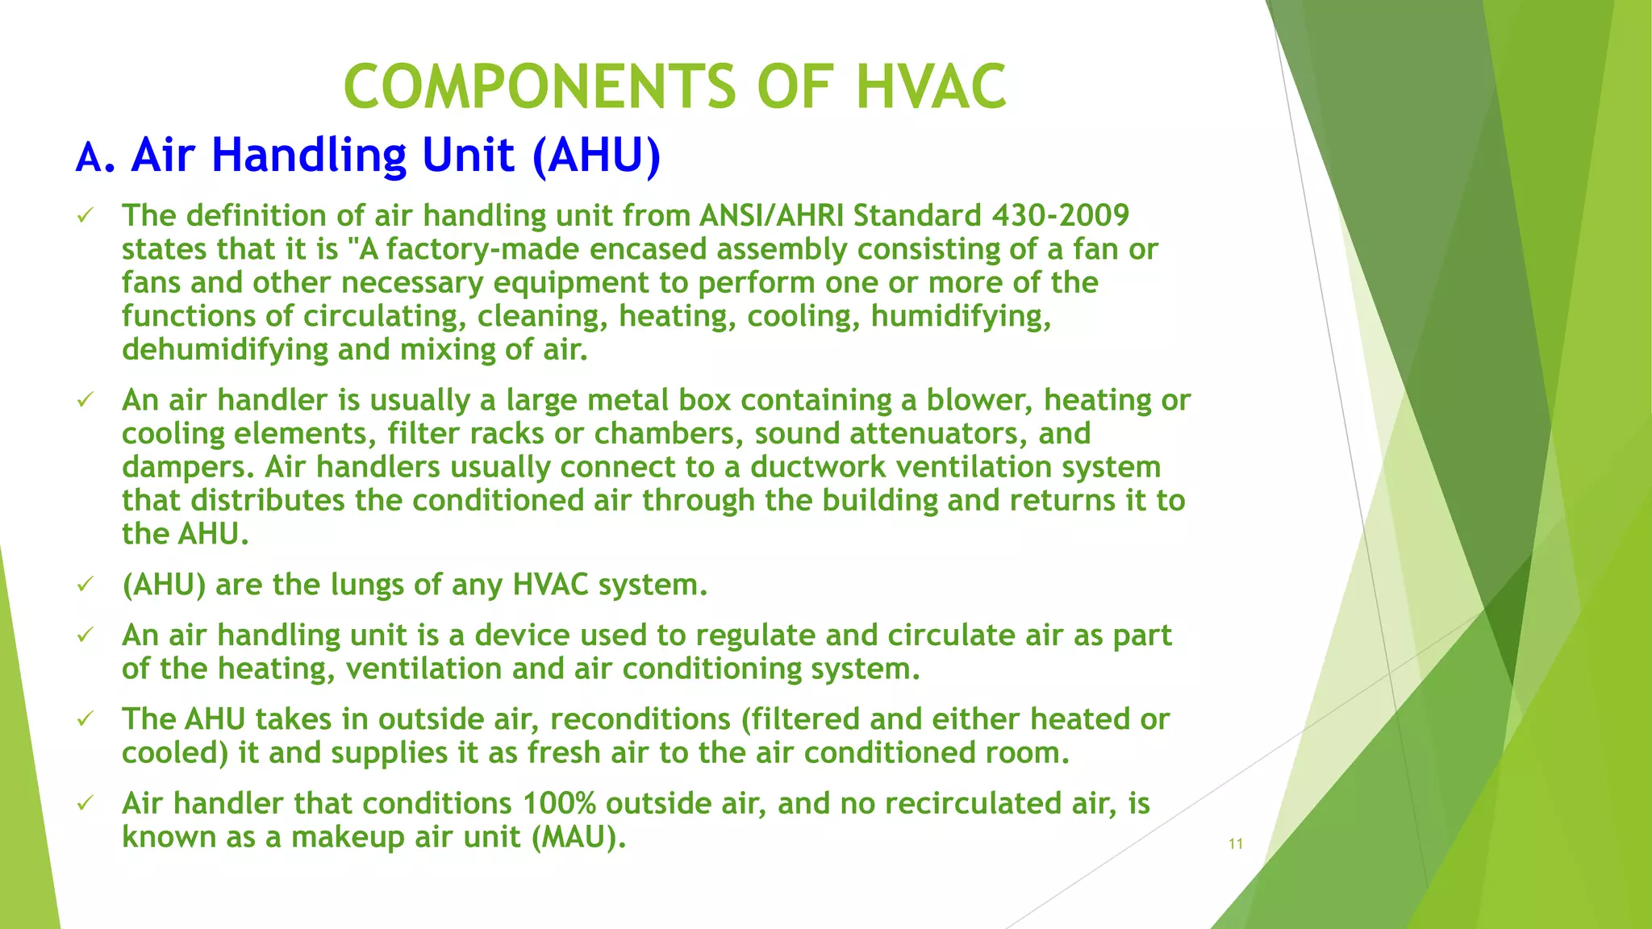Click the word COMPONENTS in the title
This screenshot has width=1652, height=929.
pyautogui.click(x=540, y=87)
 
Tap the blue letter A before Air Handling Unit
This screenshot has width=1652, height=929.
pyautogui.click(x=89, y=157)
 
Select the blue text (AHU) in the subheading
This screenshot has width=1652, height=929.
pyautogui.click(x=596, y=155)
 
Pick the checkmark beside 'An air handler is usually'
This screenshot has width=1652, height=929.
pyautogui.click(x=86, y=400)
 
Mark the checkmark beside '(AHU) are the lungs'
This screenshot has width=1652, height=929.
pyautogui.click(x=86, y=585)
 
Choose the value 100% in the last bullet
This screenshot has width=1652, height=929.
pyautogui.click(x=559, y=804)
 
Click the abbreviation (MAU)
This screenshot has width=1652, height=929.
pyautogui.click(x=578, y=837)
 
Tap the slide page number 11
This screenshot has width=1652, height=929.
pyautogui.click(x=1235, y=844)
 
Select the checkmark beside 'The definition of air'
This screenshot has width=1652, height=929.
pyautogui.click(x=86, y=215)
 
